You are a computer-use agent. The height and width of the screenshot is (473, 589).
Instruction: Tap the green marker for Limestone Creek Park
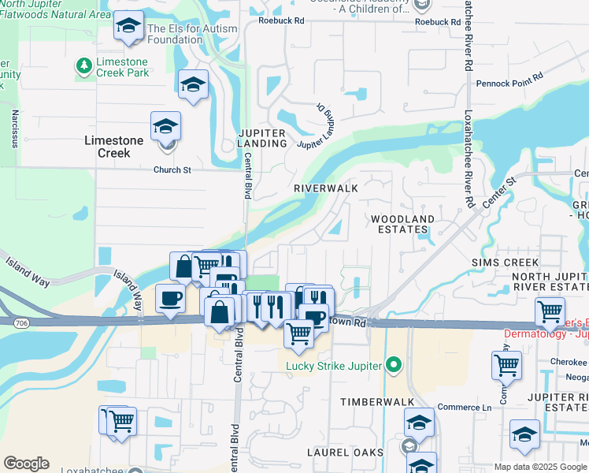tap(83, 64)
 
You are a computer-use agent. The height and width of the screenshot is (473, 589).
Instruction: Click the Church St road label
tap(172, 169)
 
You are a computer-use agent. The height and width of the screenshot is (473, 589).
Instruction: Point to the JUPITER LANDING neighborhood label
tap(262, 138)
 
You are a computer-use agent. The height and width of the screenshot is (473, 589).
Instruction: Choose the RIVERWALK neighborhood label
tap(325, 188)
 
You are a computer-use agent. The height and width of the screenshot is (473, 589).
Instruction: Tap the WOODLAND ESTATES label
tap(402, 224)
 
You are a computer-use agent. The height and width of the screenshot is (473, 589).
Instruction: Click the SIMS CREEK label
tap(505, 262)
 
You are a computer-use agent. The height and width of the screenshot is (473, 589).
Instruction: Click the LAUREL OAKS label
tap(346, 453)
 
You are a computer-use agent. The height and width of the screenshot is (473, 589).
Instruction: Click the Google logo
tap(26, 464)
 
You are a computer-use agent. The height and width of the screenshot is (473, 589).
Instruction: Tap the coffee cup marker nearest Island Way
tap(171, 298)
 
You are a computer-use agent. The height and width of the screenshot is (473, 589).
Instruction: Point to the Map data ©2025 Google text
tap(540, 467)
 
